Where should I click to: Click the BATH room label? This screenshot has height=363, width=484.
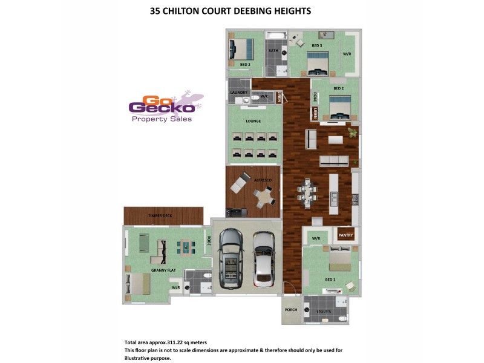click(273, 51)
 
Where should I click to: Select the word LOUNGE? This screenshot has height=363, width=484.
click(253, 121)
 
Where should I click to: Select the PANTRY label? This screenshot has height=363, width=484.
click(345, 235)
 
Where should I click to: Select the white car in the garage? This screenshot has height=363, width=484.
click(264, 259)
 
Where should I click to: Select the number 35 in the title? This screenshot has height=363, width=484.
click(155, 11)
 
